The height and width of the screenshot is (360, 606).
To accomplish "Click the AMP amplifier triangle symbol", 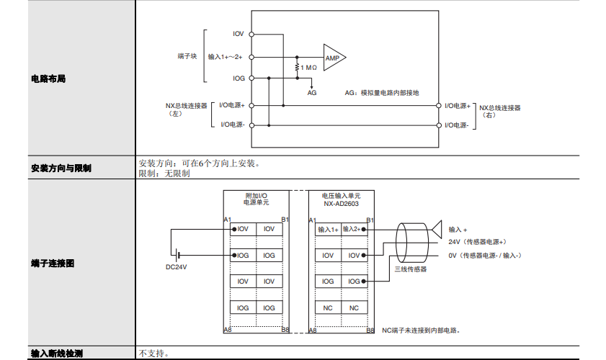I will [333, 58].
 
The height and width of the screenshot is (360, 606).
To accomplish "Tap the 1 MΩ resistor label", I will [308, 68].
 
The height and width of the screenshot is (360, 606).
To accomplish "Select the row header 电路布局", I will [48, 78].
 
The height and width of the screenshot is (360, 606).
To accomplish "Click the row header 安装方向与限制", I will [61, 168].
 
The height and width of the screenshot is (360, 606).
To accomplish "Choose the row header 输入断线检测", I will [57, 354].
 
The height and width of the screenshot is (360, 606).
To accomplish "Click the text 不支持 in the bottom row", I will [153, 354].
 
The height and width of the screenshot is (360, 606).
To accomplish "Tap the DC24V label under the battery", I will [176, 268].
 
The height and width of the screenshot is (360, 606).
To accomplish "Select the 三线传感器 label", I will [410, 269].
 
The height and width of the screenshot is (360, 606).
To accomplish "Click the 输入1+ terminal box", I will [328, 229].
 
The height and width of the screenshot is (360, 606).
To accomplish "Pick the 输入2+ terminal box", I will [353, 229].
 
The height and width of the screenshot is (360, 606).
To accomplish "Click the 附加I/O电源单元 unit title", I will [256, 199].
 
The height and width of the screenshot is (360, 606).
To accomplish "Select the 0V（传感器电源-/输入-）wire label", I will [484, 255].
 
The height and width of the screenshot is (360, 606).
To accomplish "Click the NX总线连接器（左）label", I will [186, 109].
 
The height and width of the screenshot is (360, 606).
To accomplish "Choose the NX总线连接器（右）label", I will [500, 111].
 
